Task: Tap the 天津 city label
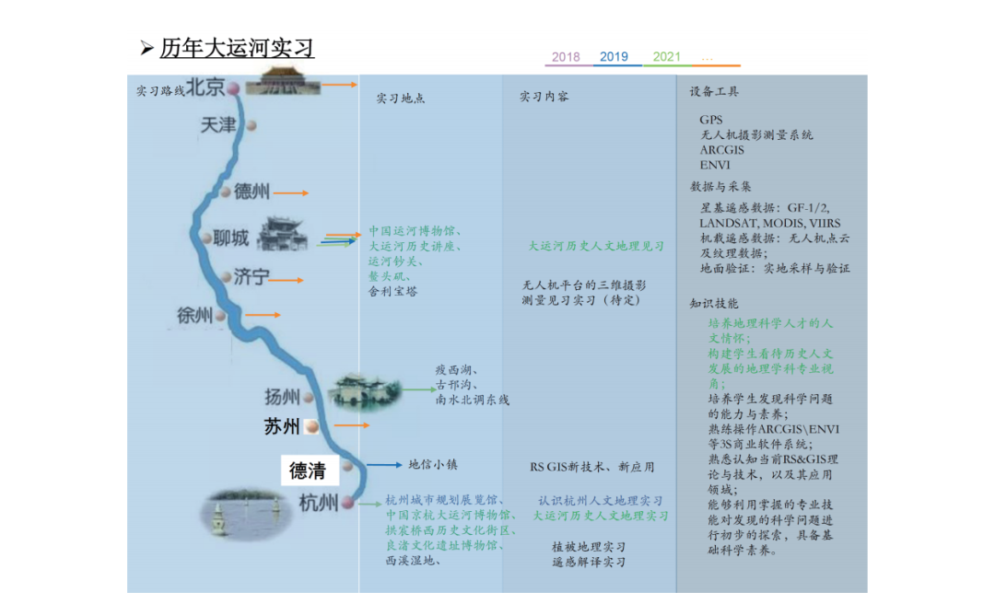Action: click(x=218, y=124)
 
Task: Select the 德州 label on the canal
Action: click(x=252, y=192)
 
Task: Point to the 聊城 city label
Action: click(x=230, y=238)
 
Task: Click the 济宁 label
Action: click(x=251, y=277)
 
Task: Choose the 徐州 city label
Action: click(x=195, y=316)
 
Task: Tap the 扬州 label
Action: click(x=282, y=397)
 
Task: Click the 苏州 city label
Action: click(x=282, y=426)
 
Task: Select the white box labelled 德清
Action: click(x=308, y=470)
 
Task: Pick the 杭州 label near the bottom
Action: click(x=318, y=503)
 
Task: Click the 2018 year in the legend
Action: click(x=566, y=57)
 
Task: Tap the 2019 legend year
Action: click(x=615, y=57)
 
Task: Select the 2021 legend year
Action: click(x=667, y=57)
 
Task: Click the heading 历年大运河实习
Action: click(x=237, y=47)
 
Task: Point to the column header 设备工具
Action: click(x=714, y=92)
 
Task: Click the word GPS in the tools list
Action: click(x=710, y=120)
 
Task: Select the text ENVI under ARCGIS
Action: click(x=714, y=165)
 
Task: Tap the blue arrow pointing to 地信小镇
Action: click(x=384, y=465)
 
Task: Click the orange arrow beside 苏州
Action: click(x=351, y=425)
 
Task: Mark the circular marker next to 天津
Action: click(x=251, y=125)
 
